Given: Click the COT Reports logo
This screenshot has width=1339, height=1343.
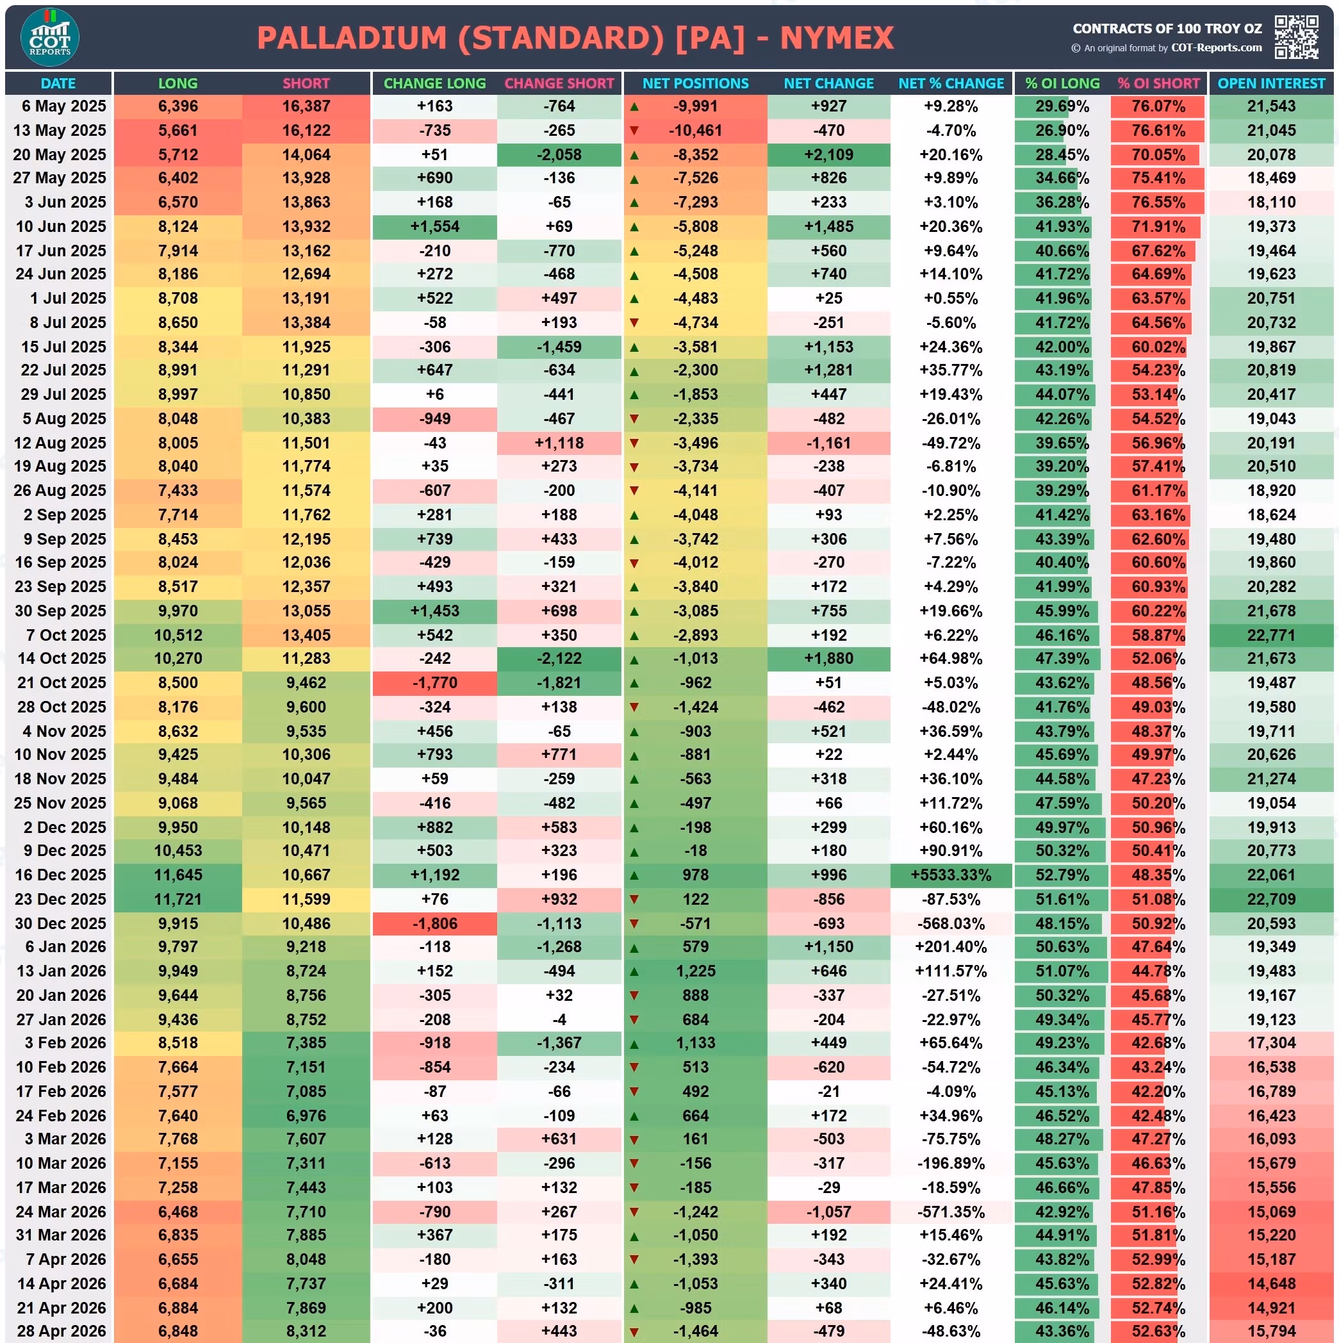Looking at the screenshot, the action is tap(49, 37).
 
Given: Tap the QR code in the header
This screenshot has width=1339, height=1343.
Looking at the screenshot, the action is tap(1296, 37).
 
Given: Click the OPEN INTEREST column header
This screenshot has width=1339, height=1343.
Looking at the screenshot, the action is tap(1271, 83).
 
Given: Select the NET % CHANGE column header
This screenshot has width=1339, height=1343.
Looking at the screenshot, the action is tap(950, 83).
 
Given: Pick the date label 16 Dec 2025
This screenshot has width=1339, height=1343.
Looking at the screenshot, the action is tap(60, 875).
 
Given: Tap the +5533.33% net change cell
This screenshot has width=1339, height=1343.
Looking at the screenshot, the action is tap(950, 875).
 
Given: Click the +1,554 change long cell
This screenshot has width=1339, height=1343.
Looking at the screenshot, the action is tap(434, 227).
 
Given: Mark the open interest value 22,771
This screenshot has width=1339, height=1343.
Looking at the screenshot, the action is tap(1271, 635).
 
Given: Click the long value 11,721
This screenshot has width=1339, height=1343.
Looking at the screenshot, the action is tap(178, 899).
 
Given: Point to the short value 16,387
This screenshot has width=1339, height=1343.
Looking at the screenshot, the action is tap(306, 106).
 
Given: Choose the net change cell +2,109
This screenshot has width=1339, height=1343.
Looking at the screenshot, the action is tap(828, 154).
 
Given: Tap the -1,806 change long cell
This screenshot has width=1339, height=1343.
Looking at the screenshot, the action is tap(434, 923).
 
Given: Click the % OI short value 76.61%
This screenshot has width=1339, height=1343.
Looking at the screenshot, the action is tap(1158, 131).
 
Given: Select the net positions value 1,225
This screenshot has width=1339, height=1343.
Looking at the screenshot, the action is tap(695, 971).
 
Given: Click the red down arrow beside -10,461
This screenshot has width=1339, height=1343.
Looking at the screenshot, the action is tap(634, 131).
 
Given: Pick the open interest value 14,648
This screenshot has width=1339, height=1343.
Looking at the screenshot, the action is tap(1271, 1283).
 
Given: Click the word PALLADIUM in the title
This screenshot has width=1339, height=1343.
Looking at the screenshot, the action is tap(352, 38).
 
